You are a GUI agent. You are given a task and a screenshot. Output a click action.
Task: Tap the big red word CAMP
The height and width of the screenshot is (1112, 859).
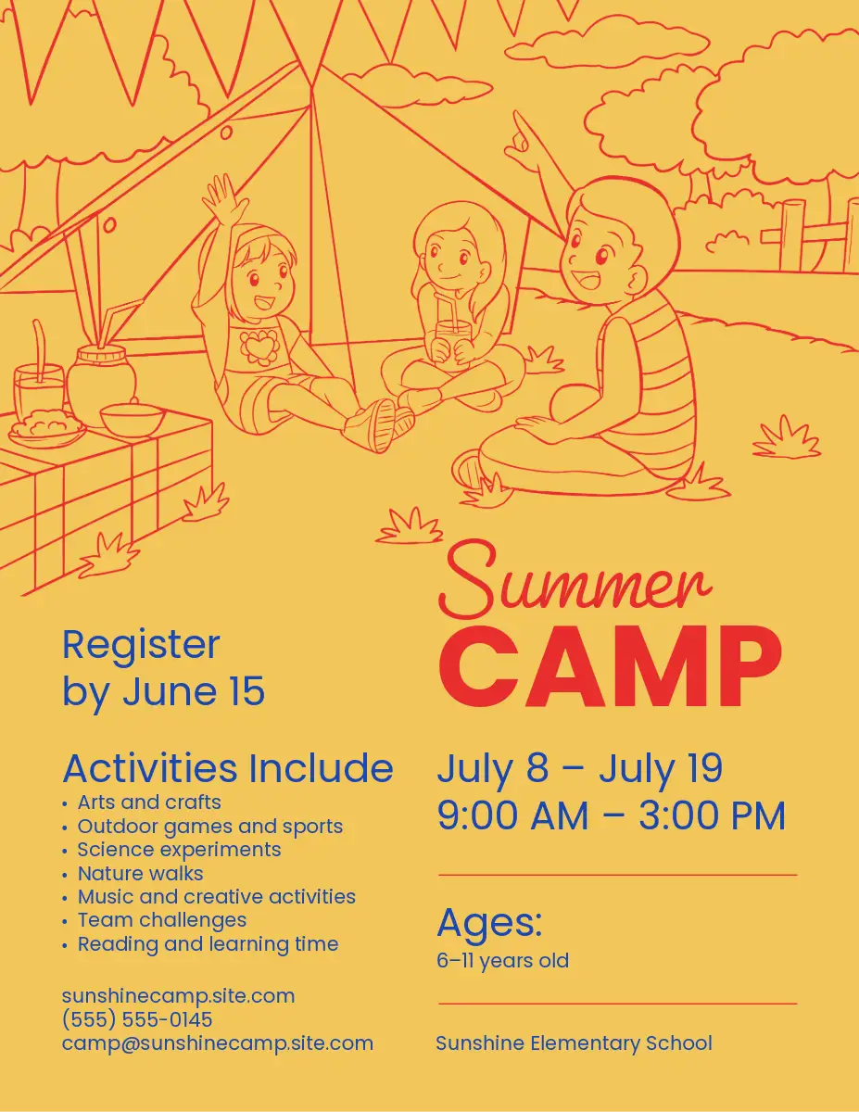pos(611,666)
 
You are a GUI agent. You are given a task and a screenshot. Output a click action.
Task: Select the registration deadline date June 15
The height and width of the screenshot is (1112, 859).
pos(194,691)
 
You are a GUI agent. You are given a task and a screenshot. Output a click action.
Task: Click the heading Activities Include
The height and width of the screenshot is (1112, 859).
pos(228,768)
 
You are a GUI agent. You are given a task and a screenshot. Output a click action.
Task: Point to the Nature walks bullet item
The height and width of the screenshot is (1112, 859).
pos(140,874)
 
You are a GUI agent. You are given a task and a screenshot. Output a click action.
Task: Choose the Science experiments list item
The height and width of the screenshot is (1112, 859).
pos(179,850)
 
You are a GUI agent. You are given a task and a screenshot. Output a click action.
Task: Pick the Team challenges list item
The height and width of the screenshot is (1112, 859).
pos(161,920)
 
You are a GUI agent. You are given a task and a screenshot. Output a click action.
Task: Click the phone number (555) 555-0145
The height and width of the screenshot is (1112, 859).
pos(137,1019)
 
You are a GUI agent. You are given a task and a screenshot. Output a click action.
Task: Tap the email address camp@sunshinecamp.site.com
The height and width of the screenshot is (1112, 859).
pos(218,1043)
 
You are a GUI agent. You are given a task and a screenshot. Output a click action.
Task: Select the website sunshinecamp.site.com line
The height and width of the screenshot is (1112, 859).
pos(179,996)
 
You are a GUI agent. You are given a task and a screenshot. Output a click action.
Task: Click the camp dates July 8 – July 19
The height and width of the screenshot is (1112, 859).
pos(580,769)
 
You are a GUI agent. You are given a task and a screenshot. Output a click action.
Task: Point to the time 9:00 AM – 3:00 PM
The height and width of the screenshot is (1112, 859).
pos(612,815)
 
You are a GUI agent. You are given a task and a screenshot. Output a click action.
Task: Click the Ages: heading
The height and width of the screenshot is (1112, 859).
pos(489,923)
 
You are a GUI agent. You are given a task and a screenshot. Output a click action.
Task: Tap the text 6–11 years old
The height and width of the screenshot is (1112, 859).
pos(502,961)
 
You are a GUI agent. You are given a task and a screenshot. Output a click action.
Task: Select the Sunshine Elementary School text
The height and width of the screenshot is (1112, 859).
pos(574,1042)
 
